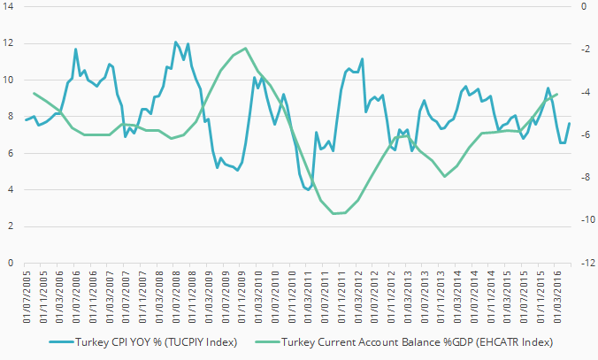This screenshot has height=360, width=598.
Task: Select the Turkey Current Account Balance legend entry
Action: point(416,342)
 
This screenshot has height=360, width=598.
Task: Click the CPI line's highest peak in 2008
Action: point(175,42)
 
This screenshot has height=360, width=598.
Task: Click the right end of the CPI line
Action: point(569,123)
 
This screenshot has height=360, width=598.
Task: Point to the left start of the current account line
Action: point(34,93)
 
